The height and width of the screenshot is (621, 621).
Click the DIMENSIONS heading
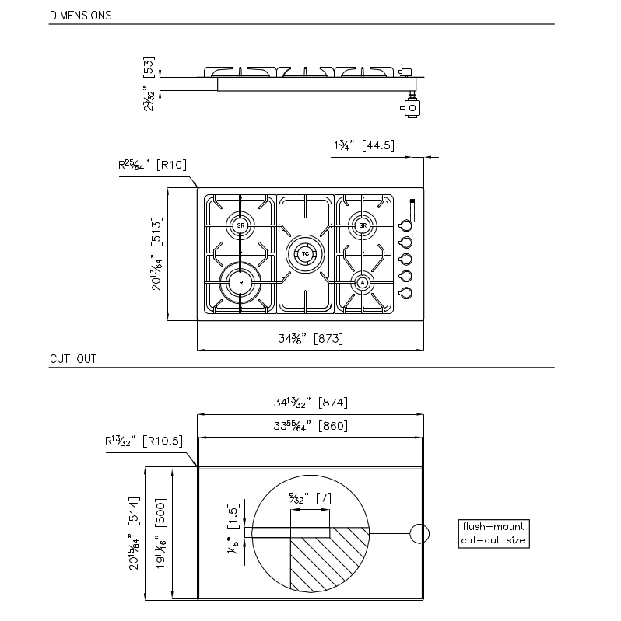[x=80, y=16]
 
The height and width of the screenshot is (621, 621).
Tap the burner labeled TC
[x=306, y=254]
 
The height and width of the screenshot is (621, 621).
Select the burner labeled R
[x=240, y=284]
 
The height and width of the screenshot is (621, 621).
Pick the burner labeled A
[x=363, y=284]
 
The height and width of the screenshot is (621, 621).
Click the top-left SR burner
[x=240, y=225]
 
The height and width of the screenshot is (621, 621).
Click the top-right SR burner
[x=363, y=225]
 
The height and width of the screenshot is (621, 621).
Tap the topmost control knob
[x=405, y=226]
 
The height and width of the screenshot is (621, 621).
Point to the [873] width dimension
[x=327, y=339]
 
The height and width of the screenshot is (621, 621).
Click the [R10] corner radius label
[x=170, y=165]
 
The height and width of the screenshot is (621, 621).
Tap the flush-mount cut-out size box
[x=493, y=533]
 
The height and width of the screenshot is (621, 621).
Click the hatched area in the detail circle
[x=327, y=560]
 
